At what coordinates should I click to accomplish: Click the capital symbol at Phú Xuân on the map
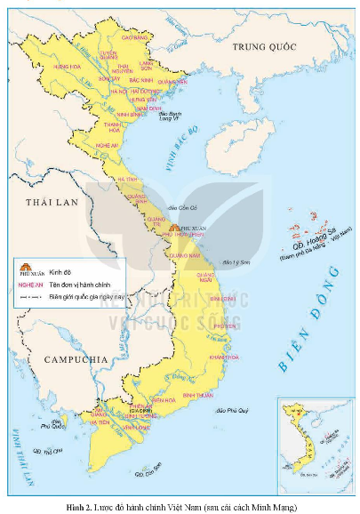(173, 229)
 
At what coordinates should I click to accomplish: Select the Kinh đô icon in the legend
(26, 264)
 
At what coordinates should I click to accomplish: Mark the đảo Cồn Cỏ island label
(187, 206)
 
